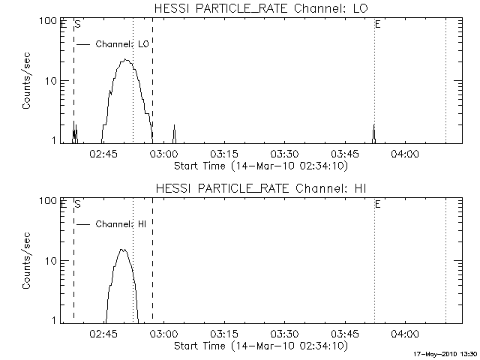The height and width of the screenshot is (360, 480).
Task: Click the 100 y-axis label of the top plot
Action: pos(49,21)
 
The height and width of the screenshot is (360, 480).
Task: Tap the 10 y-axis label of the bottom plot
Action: pos(52,260)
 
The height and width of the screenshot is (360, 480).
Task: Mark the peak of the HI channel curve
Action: pos(123,250)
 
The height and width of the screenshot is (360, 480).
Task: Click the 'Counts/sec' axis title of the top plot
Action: pos(27,80)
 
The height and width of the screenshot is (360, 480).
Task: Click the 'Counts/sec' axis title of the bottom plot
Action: pos(27,260)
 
